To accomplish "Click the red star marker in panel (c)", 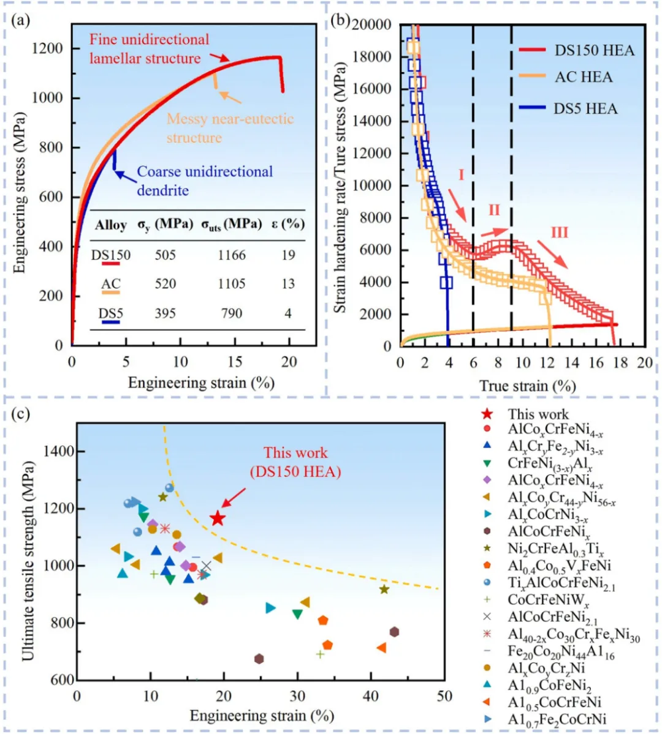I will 217,519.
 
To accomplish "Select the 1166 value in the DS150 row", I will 232,255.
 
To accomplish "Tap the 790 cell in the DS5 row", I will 232,313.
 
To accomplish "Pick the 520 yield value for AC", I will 165,283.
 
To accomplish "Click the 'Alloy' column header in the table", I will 111,225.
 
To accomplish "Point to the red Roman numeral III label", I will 559,233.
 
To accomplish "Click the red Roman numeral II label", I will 495,211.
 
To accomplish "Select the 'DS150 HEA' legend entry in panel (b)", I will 593,50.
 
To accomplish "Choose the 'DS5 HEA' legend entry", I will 585,109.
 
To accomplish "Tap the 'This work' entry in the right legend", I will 538,414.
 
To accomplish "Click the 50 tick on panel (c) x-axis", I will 444,696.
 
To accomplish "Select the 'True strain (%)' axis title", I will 527,386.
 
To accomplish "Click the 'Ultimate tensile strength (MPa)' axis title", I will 28,560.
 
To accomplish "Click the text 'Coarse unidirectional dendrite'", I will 204,181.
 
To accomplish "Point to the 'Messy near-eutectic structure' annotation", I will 230,128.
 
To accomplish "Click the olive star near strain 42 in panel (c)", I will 384,590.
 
